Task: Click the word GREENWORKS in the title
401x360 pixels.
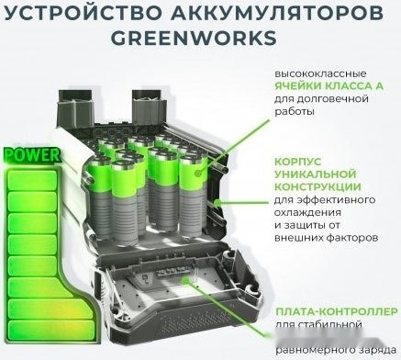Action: click(199, 40)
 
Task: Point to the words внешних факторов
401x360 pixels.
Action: click(325, 236)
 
